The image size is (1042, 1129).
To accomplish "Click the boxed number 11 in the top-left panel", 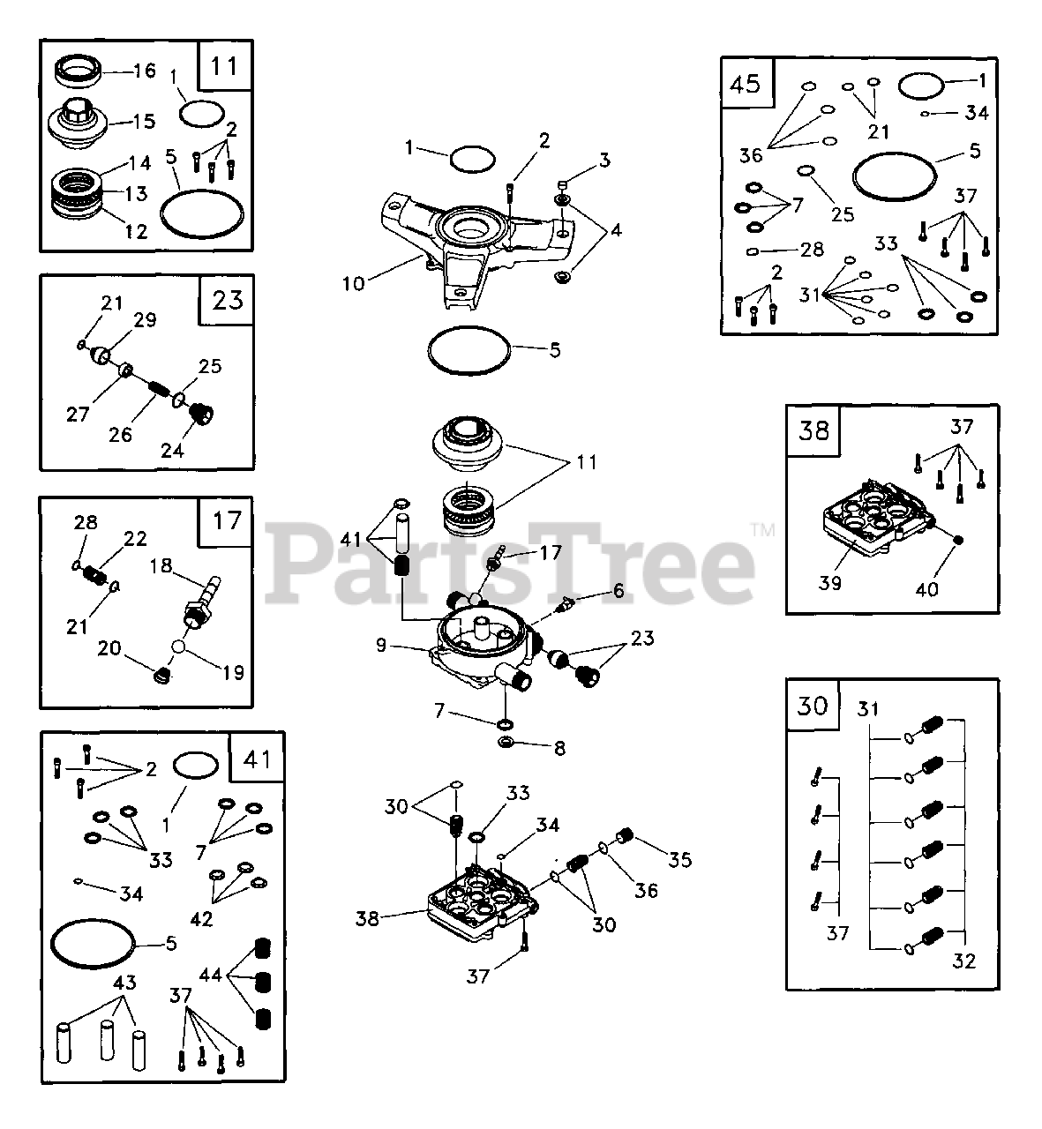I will click(224, 65).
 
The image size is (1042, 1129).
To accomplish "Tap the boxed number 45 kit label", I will click(746, 83).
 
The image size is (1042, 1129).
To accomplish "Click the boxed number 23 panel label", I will click(228, 300).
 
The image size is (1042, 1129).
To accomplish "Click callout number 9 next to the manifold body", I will click(381, 645).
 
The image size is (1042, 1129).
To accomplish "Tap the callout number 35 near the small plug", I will click(680, 860).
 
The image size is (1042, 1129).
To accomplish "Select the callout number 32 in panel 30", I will click(964, 961).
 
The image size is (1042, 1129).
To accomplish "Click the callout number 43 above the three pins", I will click(125, 982).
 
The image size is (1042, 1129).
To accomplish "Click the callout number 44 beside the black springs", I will click(210, 976).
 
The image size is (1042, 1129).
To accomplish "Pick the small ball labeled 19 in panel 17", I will click(182, 645).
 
